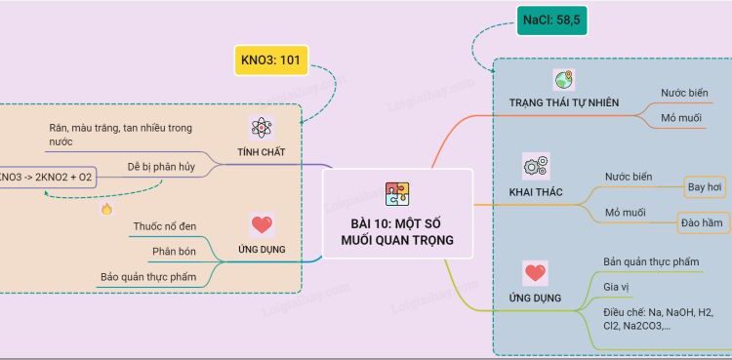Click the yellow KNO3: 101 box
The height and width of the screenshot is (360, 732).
pyautogui.click(x=270, y=60)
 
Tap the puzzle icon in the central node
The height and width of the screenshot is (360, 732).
pyautogui.click(x=397, y=195)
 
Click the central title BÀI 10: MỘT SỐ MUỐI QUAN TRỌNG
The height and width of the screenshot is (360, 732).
pyautogui.click(x=397, y=231)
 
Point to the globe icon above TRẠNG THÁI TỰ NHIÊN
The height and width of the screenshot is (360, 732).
pyautogui.click(x=563, y=80)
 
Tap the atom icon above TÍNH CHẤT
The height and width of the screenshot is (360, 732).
pyautogui.click(x=261, y=128)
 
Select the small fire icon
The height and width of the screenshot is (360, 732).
pyautogui.click(x=106, y=209)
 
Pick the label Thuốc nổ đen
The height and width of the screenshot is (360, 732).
pyautogui.click(x=164, y=227)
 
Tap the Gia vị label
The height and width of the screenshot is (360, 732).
pyautogui.click(x=617, y=287)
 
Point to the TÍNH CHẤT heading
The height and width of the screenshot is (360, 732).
pyautogui.click(x=261, y=153)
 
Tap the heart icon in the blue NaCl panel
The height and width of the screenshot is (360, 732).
pyautogui.click(x=534, y=272)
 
